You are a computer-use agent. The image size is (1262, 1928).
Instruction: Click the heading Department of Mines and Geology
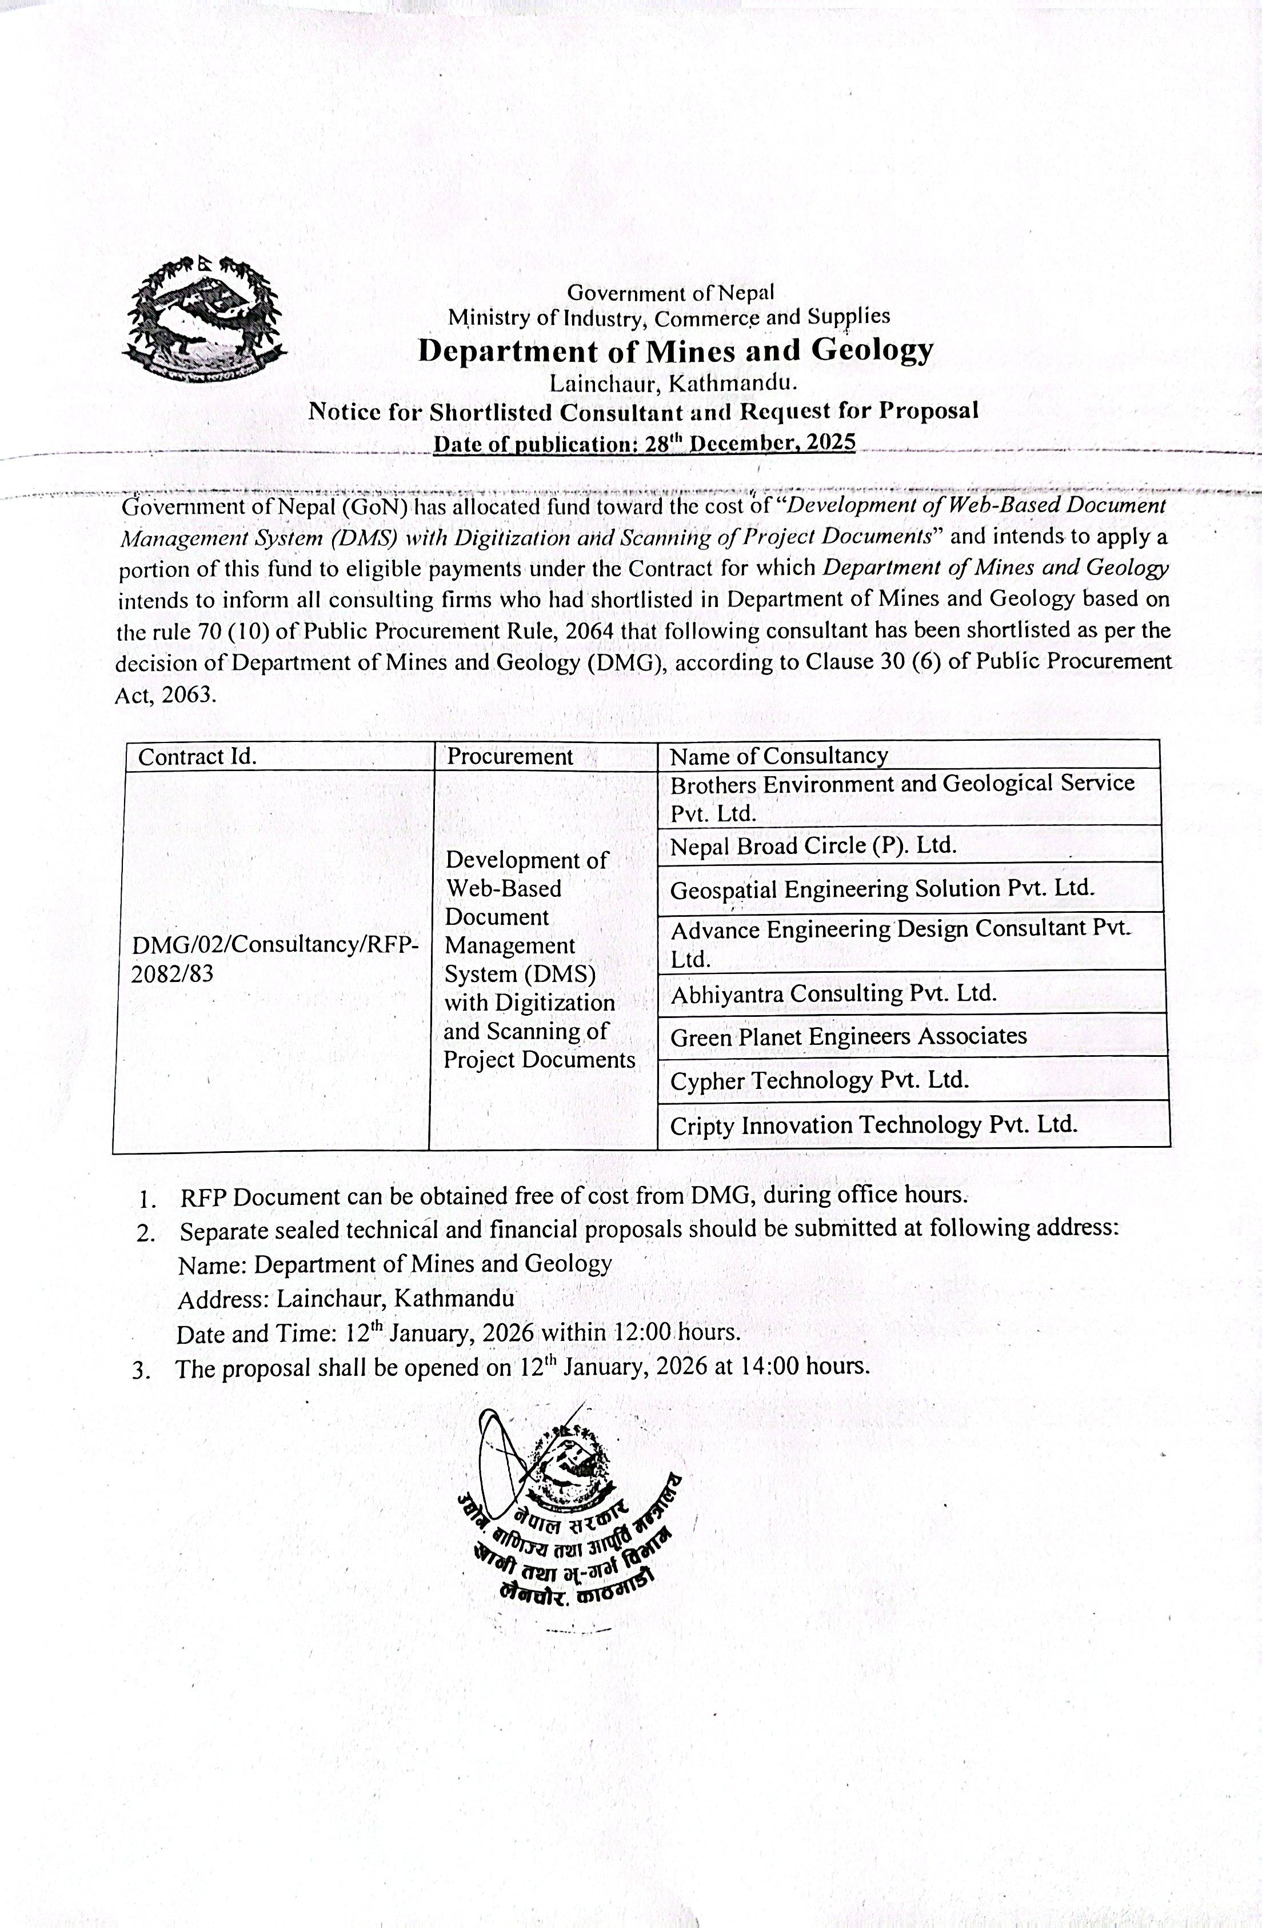[675, 350]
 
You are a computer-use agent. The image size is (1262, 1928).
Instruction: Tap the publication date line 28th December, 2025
[644, 443]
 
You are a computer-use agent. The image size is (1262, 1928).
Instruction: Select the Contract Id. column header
[198, 757]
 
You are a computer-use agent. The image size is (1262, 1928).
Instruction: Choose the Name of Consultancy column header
[778, 756]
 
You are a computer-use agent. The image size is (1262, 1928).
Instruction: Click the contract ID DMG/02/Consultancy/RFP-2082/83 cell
[274, 959]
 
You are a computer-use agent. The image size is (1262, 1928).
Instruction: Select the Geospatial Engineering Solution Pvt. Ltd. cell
[882, 889]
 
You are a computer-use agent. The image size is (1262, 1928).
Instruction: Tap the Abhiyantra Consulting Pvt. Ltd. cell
[833, 993]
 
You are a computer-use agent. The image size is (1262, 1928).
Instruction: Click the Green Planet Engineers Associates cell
[848, 1036]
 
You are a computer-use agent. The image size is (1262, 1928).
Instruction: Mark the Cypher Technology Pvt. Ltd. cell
[820, 1080]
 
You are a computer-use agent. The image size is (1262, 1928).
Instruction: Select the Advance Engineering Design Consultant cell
[900, 943]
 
